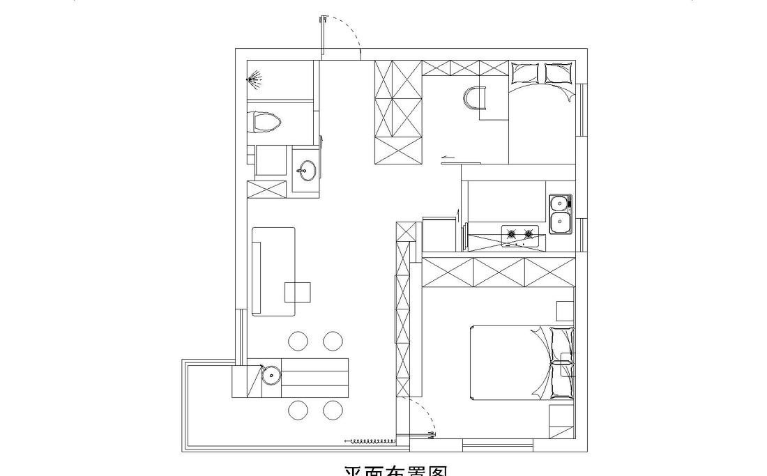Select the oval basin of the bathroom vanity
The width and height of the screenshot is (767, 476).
[x=305, y=168]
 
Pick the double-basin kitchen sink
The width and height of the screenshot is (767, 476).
[x=560, y=213]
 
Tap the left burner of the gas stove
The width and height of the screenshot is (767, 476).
[x=511, y=234]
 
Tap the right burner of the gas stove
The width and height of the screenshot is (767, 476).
[x=529, y=234]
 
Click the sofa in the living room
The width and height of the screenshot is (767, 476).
[x=273, y=270]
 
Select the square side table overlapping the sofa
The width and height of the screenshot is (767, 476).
[x=298, y=291]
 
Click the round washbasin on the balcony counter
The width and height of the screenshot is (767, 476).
[x=271, y=376]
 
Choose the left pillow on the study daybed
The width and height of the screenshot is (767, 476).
[x=525, y=72]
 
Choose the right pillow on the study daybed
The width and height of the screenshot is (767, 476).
[x=558, y=72]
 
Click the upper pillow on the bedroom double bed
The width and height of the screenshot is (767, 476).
[x=562, y=341]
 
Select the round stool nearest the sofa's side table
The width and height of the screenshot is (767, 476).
[x=298, y=341]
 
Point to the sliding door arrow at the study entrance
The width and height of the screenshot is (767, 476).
[x=448, y=158]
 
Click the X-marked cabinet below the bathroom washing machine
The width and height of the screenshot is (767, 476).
[x=266, y=189]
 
